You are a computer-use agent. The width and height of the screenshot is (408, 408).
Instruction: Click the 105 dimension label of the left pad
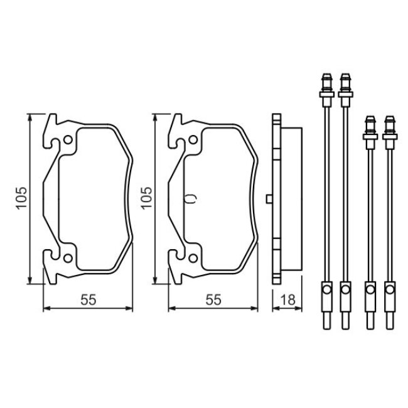point(21,198)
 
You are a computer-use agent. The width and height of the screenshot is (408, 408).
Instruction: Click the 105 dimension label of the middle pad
point(146,198)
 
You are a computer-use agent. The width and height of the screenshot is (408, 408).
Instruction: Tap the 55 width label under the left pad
point(89,300)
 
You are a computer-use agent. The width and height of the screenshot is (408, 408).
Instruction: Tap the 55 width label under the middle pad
point(213,300)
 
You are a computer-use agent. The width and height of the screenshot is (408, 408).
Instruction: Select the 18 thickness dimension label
point(288,300)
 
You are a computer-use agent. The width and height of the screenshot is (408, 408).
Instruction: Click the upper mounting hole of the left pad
point(68,140)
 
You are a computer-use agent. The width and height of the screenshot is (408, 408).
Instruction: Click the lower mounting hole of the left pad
point(68,258)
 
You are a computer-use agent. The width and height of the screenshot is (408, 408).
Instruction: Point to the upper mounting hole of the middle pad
point(193,140)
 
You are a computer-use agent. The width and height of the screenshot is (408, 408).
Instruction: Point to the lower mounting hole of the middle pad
point(193,258)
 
